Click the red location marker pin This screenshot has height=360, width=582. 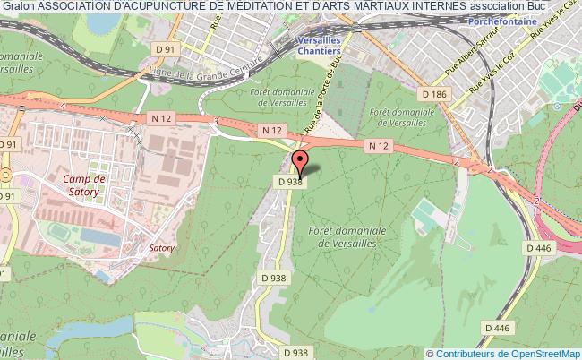(x=300, y=162)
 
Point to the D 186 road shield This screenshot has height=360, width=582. (x=433, y=93)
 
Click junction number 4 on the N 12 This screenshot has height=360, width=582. (x=64, y=107)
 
